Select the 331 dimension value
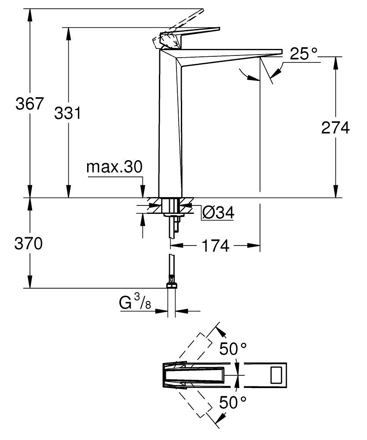pyautogui.click(x=67, y=113)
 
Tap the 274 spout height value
pyautogui.click(x=335, y=128)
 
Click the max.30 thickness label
pyautogui.click(x=114, y=167)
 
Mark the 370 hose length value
pyautogui.click(x=28, y=243)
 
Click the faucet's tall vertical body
pyautogui.click(x=169, y=123)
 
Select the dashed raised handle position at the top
pyautogui.click(x=185, y=20)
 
